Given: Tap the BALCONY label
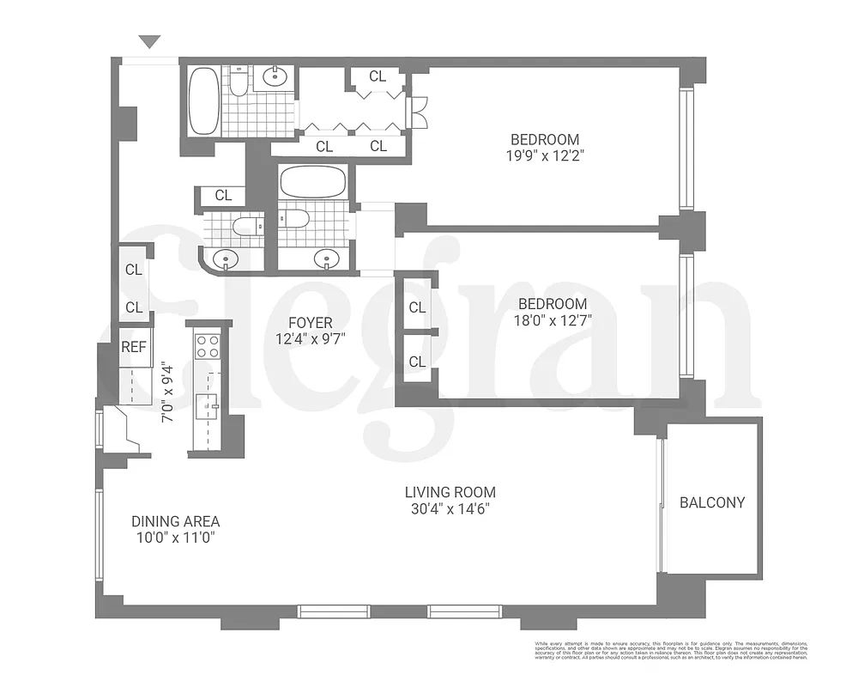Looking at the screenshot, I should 712,502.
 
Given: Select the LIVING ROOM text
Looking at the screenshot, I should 450,493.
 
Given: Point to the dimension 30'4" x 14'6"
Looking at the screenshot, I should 450,509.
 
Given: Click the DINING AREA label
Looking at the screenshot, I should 175,521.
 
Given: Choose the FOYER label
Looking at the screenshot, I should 310,323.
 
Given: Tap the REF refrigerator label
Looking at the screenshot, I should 133,347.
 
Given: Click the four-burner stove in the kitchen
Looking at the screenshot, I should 208,346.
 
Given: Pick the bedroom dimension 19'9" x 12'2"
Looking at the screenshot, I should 545,156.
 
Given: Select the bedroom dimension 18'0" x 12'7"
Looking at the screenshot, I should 553,320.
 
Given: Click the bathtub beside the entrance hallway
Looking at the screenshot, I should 203,101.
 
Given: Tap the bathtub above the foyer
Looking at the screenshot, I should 313,182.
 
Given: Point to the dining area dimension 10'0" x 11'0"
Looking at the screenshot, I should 175,538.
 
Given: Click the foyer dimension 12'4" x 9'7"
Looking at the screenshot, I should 310,339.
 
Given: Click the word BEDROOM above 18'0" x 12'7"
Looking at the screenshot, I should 553,304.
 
